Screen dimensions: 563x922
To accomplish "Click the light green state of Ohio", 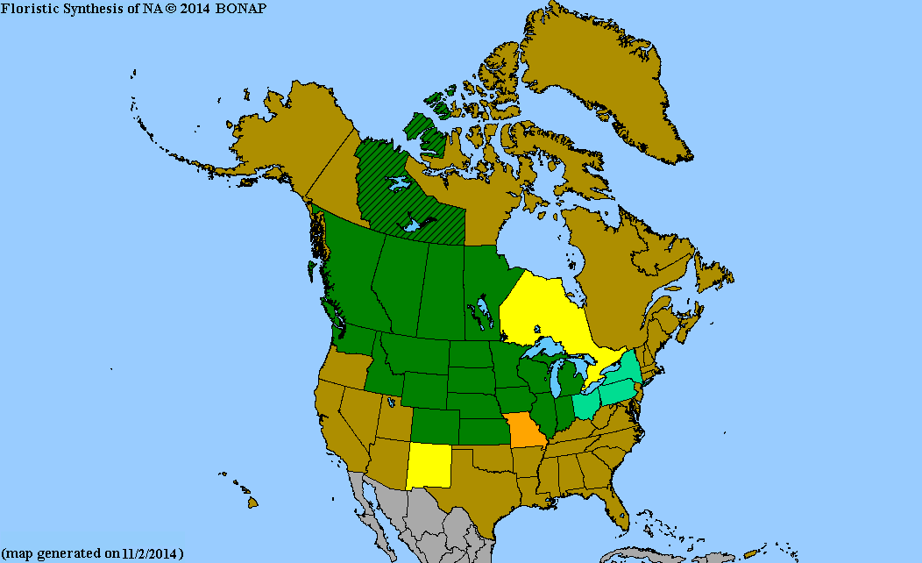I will [585, 406].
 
